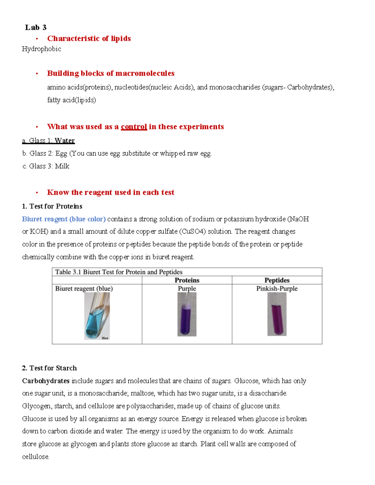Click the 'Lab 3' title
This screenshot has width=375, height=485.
coord(36,27)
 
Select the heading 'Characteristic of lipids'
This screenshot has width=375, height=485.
coord(89,38)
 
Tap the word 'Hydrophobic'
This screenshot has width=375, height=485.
coord(41,49)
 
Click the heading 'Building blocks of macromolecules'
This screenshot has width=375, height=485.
coord(111,73)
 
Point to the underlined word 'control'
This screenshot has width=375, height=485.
coord(134,126)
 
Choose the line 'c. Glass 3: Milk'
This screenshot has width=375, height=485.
coord(46,166)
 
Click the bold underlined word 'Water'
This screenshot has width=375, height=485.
coord(65,141)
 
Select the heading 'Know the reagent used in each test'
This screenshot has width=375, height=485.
coord(111,192)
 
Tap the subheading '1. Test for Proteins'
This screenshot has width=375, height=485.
coord(52,206)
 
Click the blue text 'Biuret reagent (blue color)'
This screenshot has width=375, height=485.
coord(64,219)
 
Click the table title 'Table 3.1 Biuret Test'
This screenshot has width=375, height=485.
coord(119,272)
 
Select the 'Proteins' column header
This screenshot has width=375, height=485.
coord(187,280)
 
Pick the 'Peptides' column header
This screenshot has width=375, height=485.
coord(277,280)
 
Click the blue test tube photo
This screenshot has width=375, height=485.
coord(97,316)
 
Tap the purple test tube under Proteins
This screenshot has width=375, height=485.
coord(187,315)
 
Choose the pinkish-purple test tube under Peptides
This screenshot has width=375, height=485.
coord(277,315)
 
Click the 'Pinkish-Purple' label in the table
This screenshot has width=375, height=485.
coord(277,289)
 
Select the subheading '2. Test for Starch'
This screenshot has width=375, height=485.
coord(49,368)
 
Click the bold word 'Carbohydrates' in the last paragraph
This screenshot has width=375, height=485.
coord(46,381)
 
